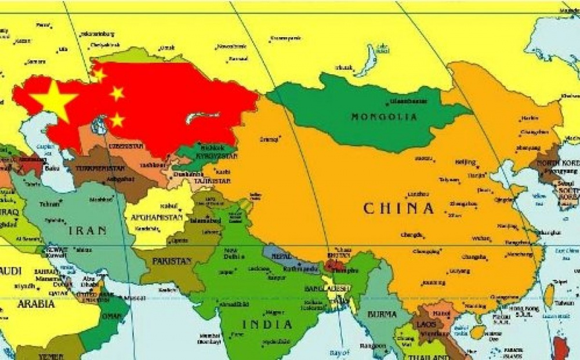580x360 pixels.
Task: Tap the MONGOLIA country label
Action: pyautogui.click(x=384, y=117)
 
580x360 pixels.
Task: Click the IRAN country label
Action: pyautogui.click(x=88, y=231)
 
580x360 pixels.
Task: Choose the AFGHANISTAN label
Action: pyautogui.click(x=157, y=219)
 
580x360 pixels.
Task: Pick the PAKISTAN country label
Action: pyautogui.click(x=171, y=261)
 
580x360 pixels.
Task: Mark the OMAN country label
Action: pyautogui.click(x=111, y=317)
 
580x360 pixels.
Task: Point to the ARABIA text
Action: pyautogui.click(x=35, y=304)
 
